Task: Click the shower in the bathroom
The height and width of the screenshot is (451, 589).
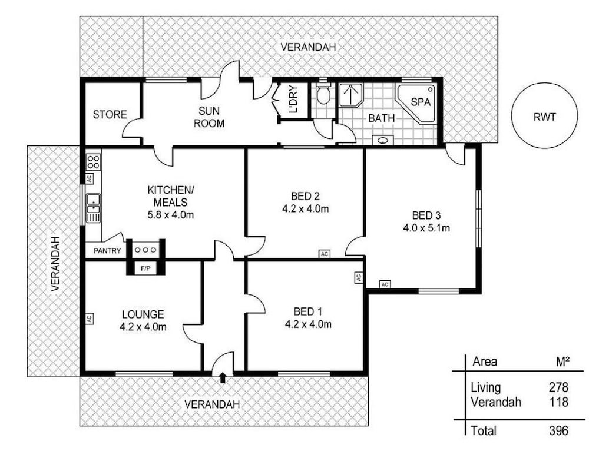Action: [x=351, y=95]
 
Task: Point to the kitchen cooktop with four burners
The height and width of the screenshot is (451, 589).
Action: [x=94, y=162]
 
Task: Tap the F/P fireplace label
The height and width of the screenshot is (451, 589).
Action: [x=145, y=268]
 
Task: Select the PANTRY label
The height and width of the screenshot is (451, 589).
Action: [x=107, y=251]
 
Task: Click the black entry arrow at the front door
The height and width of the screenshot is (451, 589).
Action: [x=223, y=377]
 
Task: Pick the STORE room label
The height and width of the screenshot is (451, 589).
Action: [x=110, y=115]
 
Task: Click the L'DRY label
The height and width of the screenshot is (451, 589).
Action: [x=293, y=100]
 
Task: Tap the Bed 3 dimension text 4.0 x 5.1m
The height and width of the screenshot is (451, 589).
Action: [x=426, y=228]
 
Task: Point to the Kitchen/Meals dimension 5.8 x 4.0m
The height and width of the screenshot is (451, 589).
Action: [x=171, y=215]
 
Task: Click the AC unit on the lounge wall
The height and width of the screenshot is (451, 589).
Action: [x=89, y=319]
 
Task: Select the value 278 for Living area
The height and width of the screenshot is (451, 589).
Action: [x=558, y=387]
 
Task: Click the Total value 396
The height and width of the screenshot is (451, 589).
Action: [x=558, y=430]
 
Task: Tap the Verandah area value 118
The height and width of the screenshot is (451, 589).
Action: [x=558, y=402]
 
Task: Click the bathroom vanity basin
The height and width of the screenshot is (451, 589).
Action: [x=383, y=141]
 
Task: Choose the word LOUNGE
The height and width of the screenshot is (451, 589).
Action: [x=143, y=314]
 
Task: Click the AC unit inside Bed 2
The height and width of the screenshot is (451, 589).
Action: [x=325, y=254]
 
